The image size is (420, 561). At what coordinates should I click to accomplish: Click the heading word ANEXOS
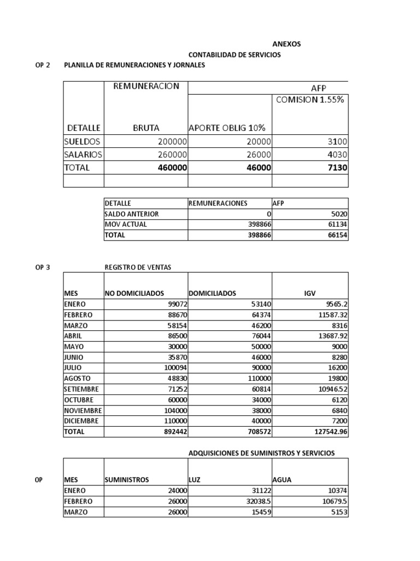tap(286, 44)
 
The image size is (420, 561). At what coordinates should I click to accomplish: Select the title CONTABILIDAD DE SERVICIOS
tap(235, 55)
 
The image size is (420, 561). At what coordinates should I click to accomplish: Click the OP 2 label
tap(42, 65)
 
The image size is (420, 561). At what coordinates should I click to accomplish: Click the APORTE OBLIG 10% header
tap(227, 128)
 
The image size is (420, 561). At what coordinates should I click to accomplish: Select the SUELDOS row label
tap(83, 141)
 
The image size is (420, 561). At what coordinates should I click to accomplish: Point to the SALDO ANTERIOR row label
tap(132, 214)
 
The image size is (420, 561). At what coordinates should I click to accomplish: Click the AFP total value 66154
tap(335, 235)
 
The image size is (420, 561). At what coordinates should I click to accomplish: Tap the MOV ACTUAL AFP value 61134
tap(335, 225)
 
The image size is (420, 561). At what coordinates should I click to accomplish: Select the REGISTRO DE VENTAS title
tap(138, 267)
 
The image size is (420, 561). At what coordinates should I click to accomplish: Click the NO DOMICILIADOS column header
tap(135, 294)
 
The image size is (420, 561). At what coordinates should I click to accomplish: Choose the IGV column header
tap(310, 294)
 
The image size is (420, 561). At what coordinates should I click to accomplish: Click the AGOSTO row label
tap(77, 379)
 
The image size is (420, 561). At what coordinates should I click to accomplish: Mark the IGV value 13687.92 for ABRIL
tap(329, 336)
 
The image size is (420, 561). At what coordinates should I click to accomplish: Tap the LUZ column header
tap(195, 479)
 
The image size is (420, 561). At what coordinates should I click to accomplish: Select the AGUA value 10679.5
tap(332, 501)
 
